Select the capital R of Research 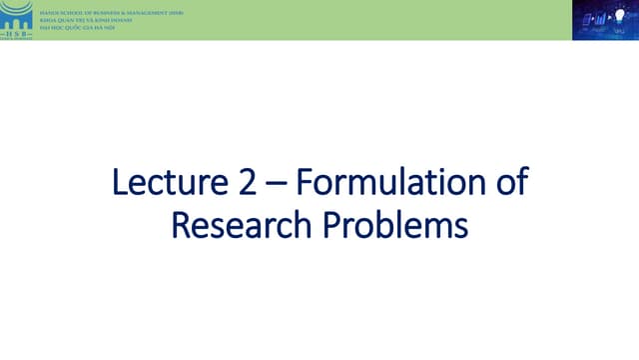180,225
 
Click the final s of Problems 460,227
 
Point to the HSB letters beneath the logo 17,34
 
